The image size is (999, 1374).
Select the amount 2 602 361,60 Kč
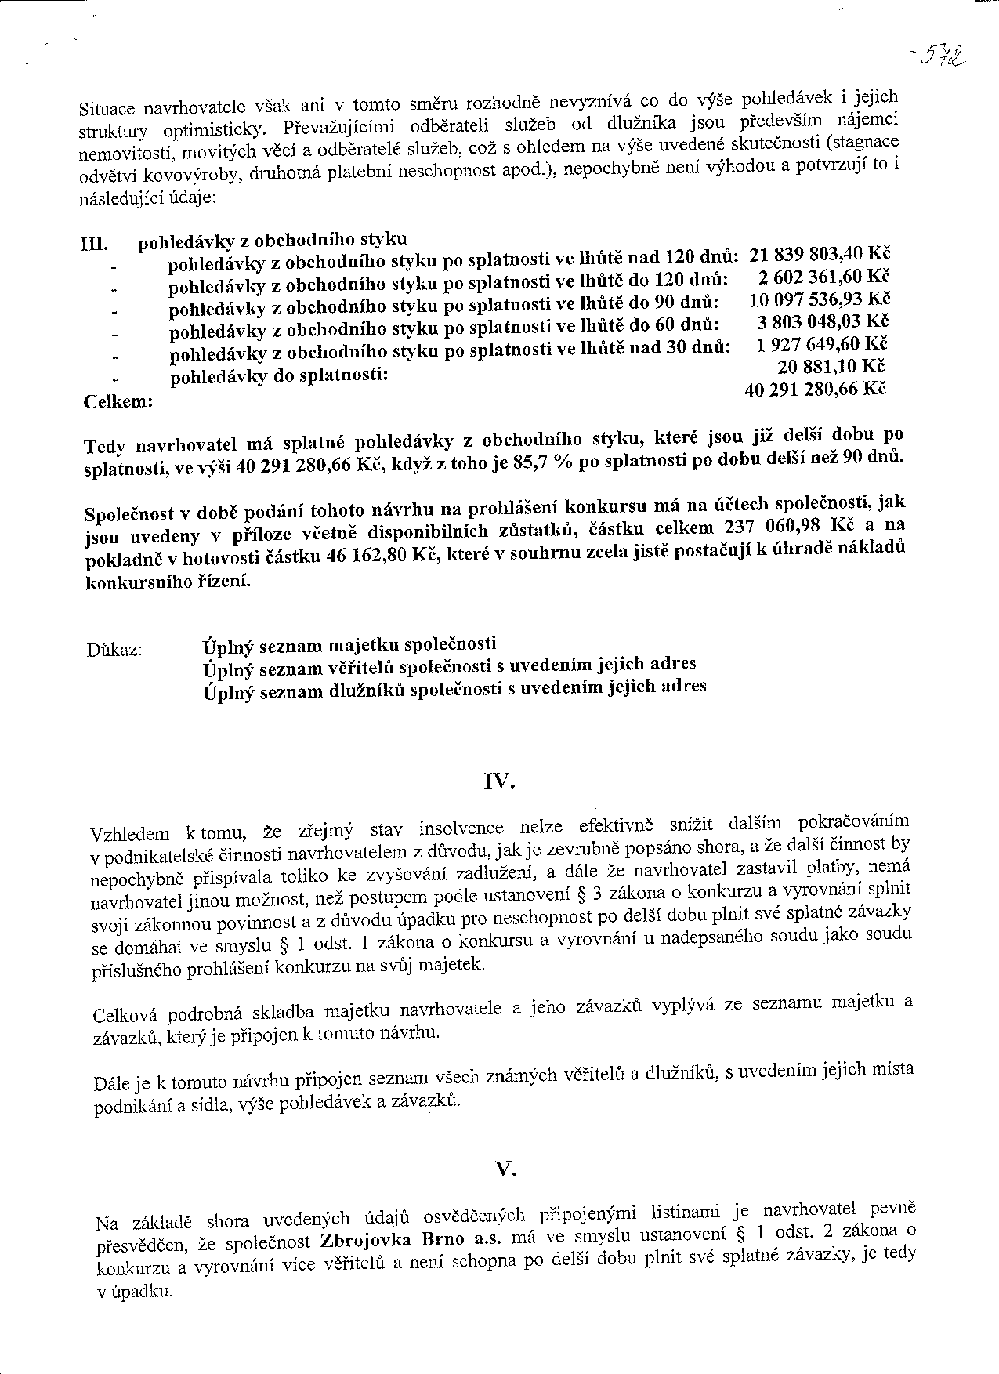click(x=823, y=277)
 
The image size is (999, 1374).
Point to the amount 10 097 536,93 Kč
click(x=819, y=300)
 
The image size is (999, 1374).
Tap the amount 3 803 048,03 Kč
click(x=823, y=322)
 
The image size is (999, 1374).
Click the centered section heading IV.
click(x=499, y=781)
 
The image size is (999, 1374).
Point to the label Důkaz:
click(x=115, y=651)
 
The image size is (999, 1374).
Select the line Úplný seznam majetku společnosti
click(x=349, y=646)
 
